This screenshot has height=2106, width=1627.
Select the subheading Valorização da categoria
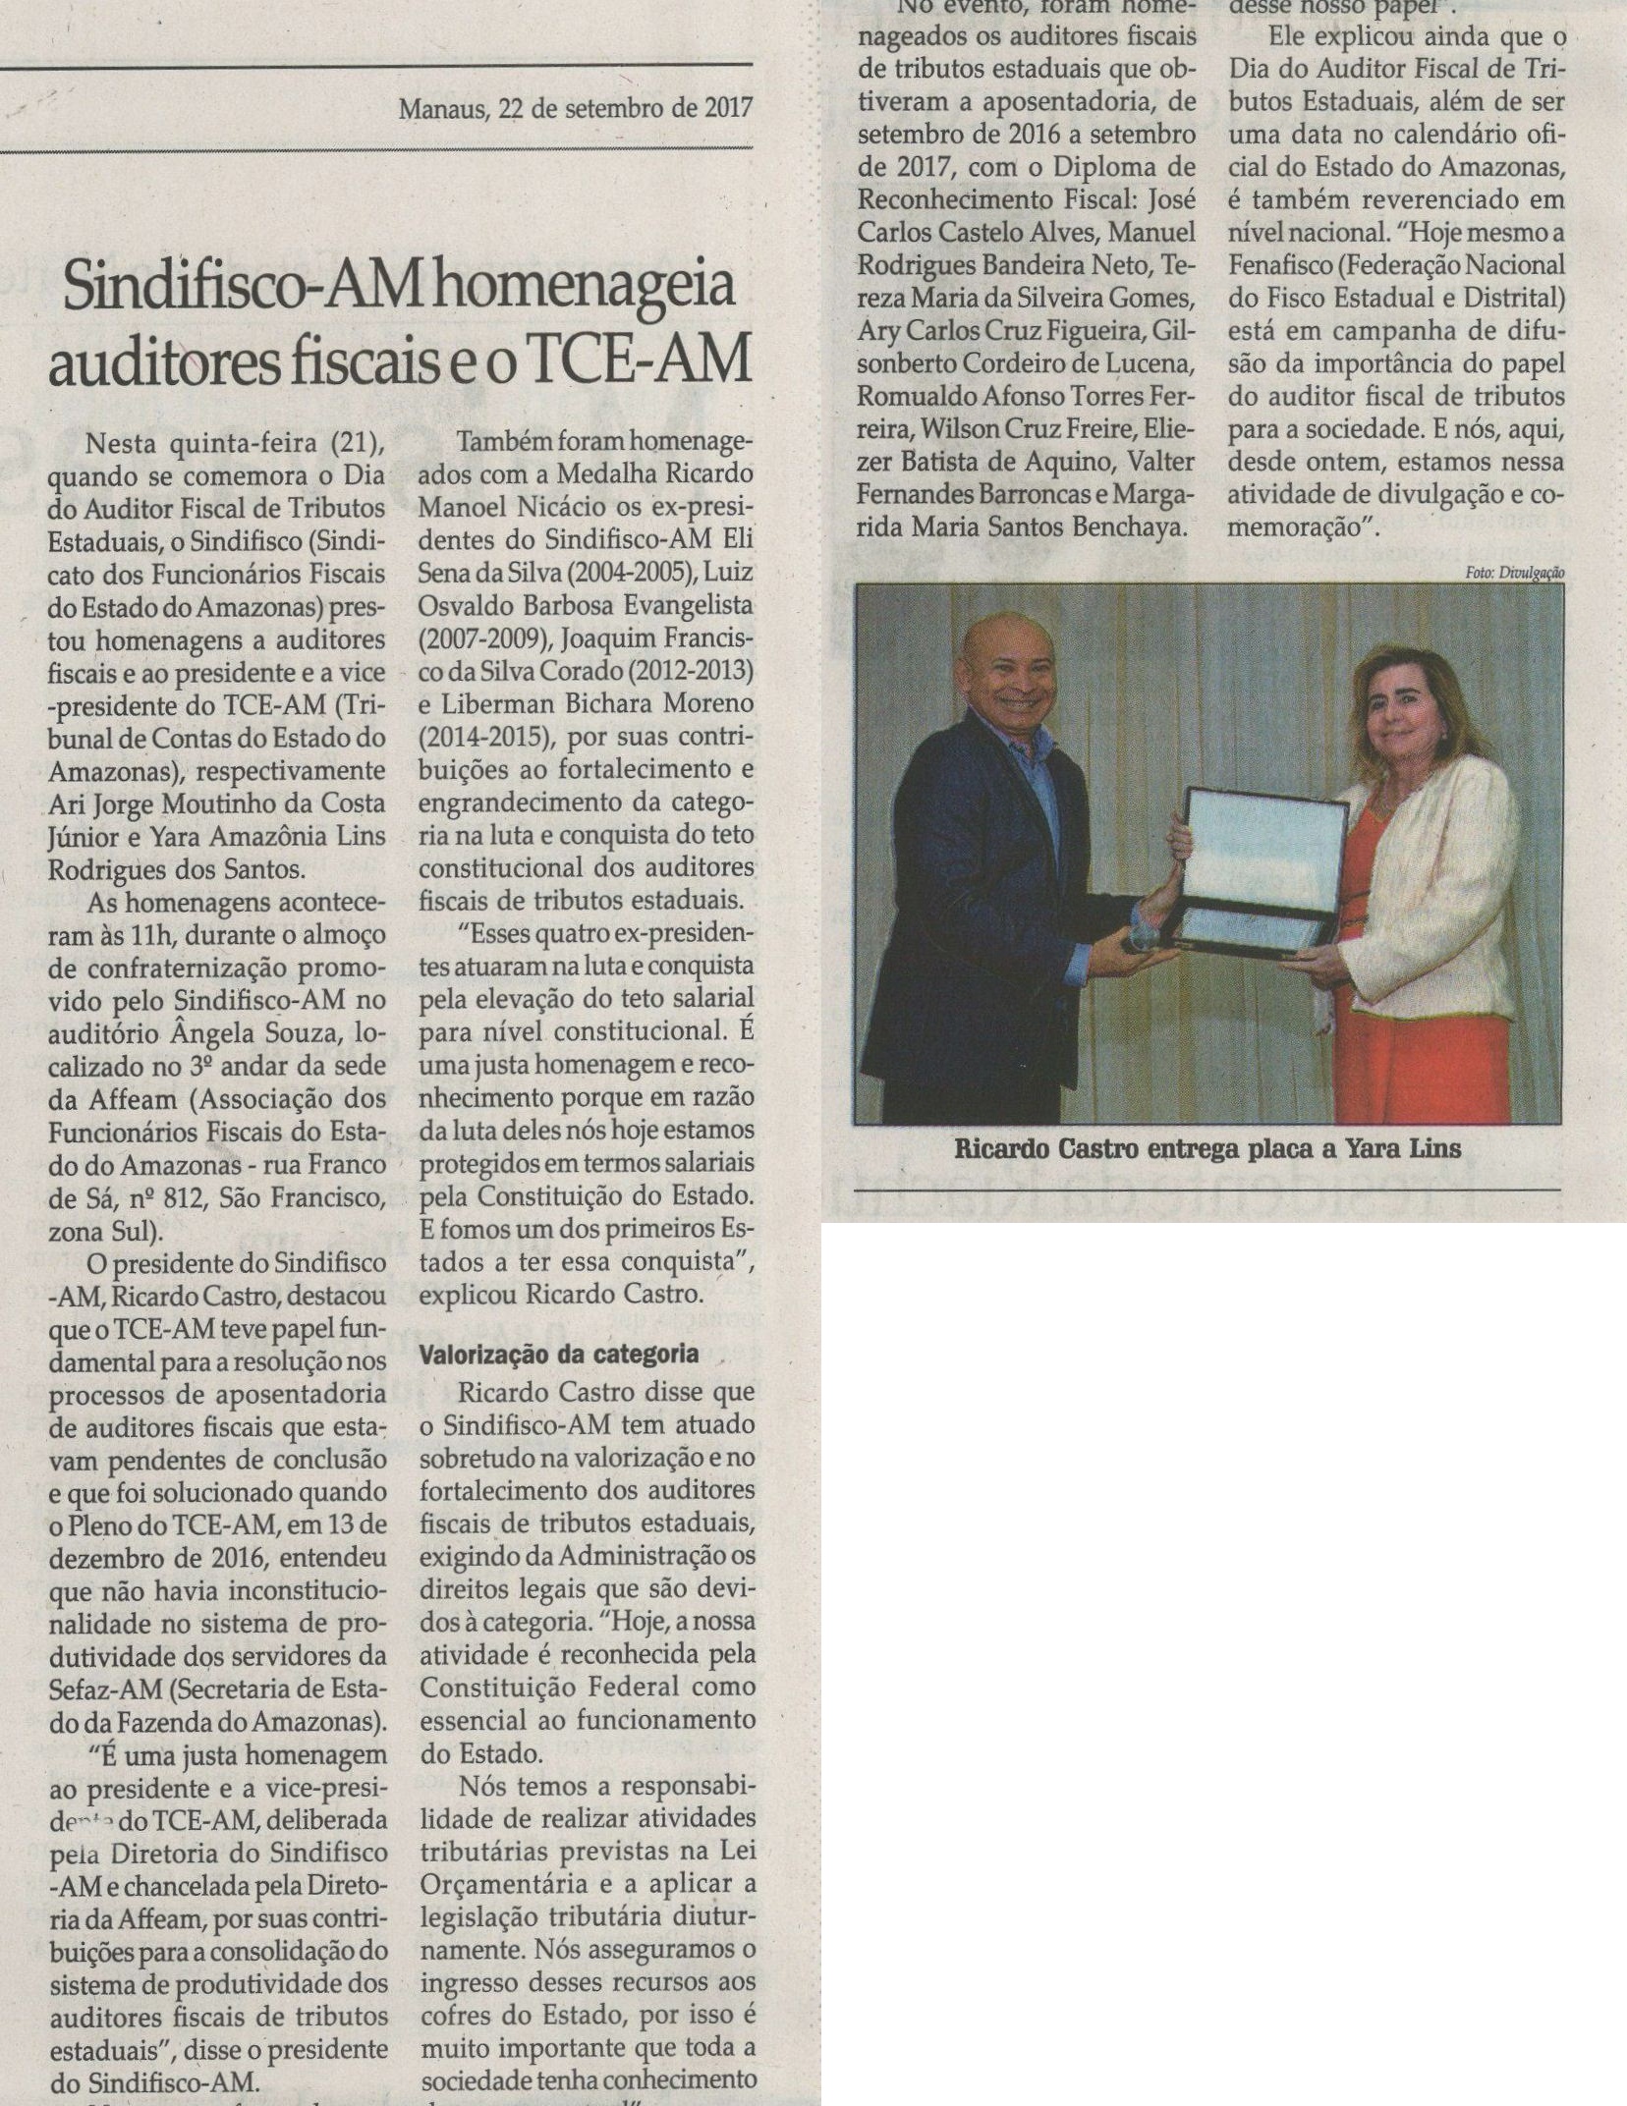tap(559, 1355)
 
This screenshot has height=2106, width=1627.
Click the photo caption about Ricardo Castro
tap(1207, 1147)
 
